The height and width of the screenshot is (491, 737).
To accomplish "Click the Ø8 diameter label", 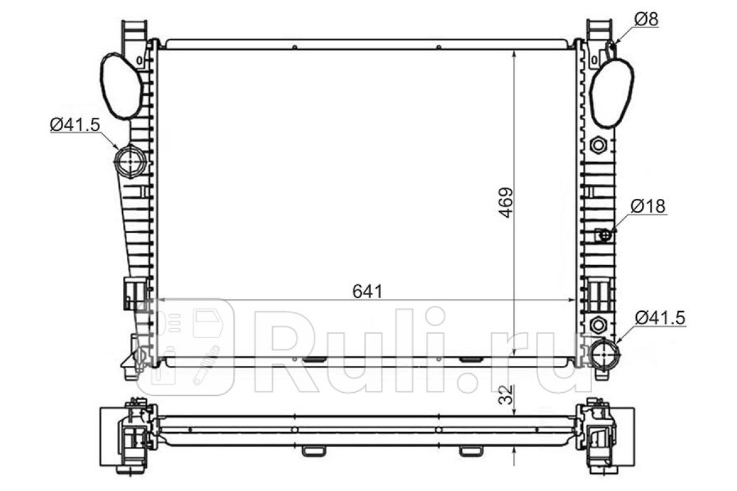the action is click(646, 20).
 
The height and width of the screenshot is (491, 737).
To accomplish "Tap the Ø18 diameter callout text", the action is click(648, 207).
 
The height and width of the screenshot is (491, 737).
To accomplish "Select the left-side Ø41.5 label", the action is click(75, 125).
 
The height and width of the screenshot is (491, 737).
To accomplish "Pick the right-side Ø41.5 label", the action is click(660, 318).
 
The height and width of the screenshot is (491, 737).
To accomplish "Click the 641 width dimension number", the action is click(367, 292).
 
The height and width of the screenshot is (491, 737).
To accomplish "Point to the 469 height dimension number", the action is click(505, 203).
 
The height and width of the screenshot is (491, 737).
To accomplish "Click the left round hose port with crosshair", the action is click(130, 161).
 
